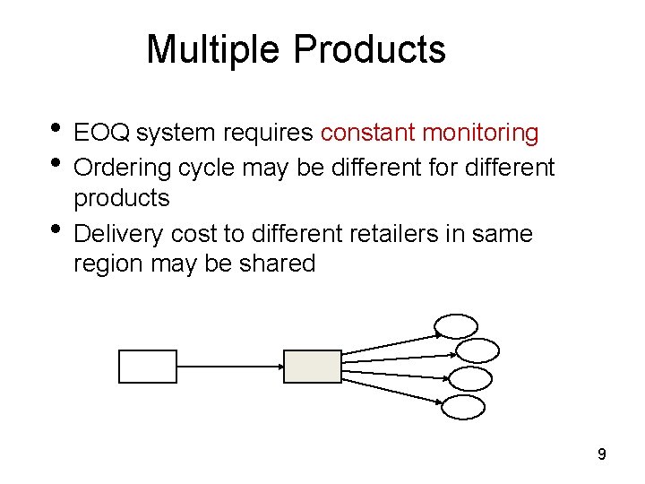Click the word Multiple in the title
coord(213,49)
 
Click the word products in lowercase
coord(121,198)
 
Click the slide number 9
coord(602,455)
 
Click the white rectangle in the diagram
coord(148,366)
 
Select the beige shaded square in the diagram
coord(312,366)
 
